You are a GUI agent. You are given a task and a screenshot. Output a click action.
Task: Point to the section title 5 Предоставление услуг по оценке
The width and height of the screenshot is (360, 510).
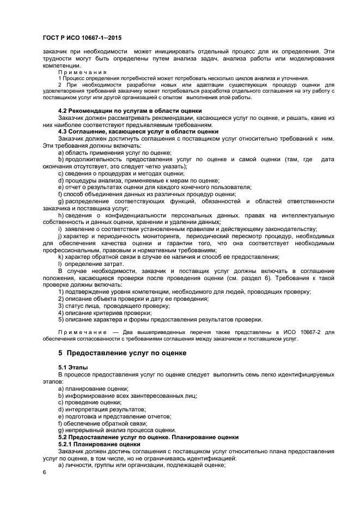(123, 353)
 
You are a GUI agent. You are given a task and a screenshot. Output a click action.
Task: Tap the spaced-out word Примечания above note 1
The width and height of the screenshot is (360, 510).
(82, 72)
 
